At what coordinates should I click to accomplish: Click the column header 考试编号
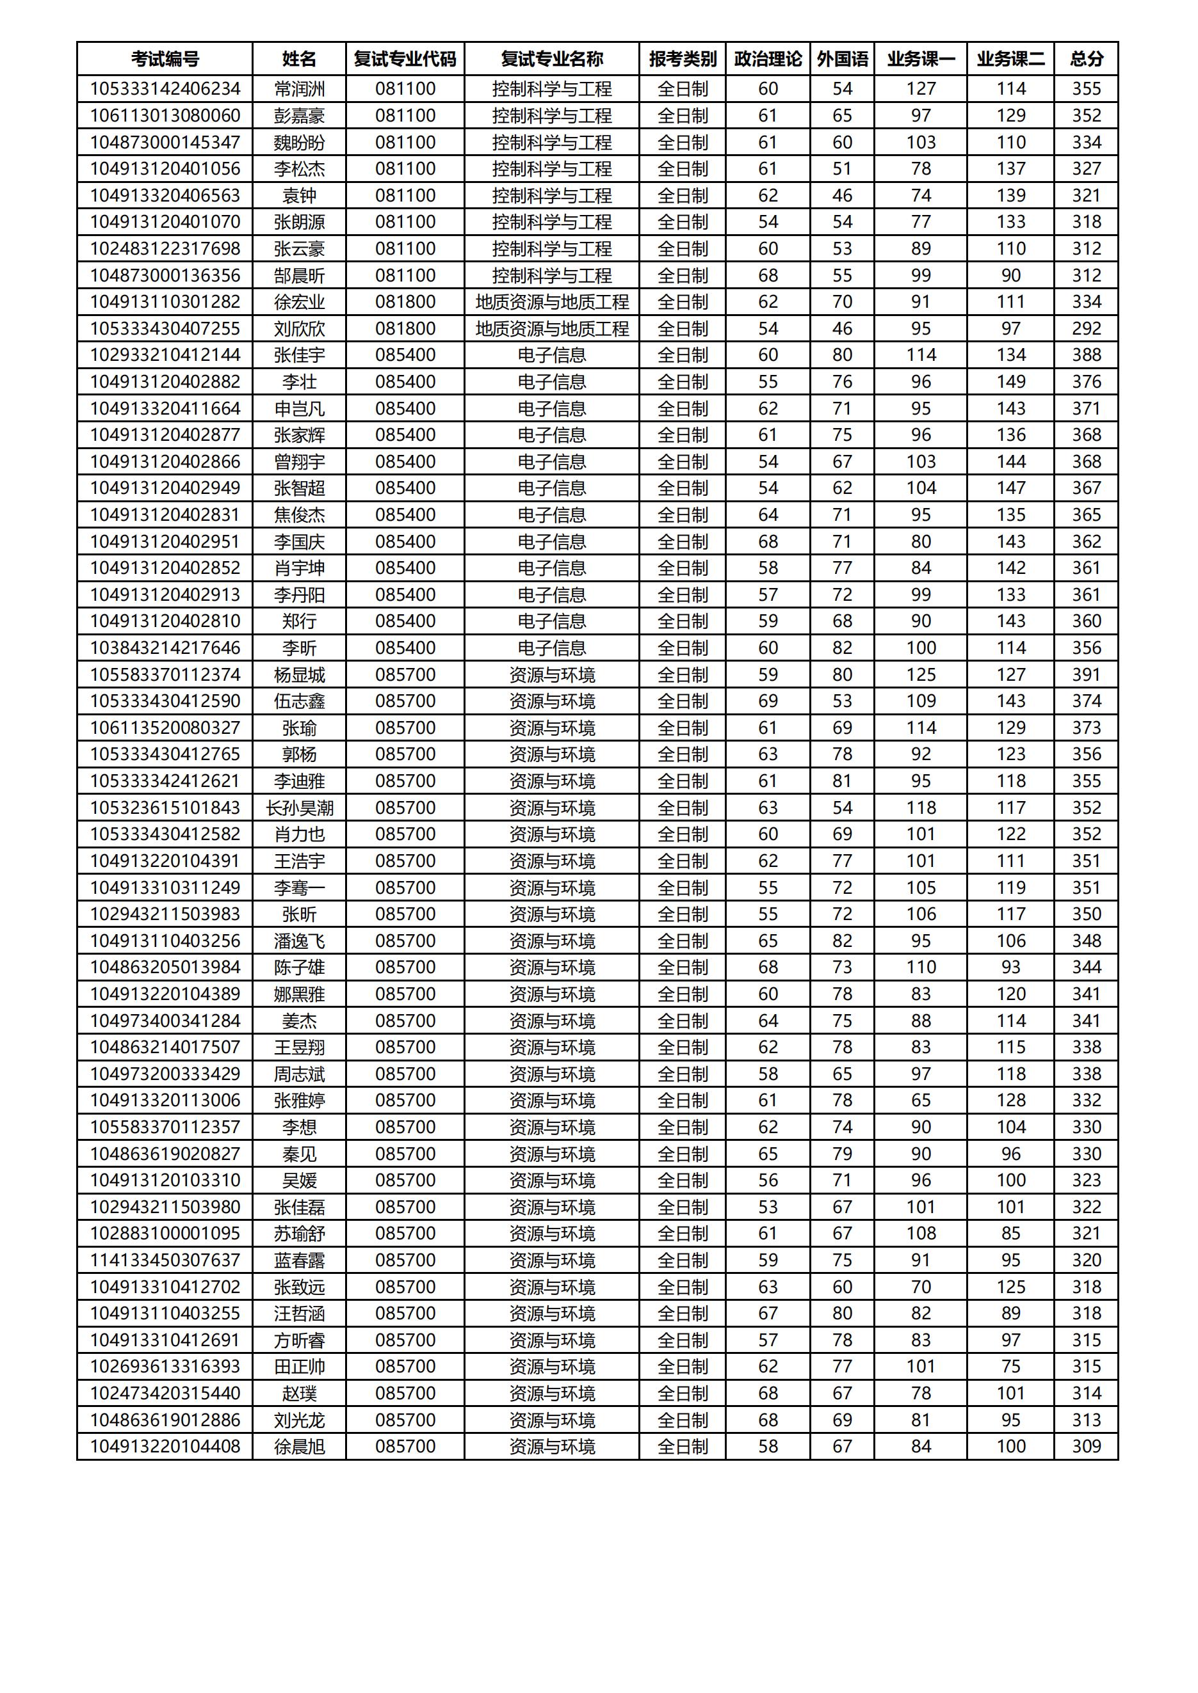[165, 59]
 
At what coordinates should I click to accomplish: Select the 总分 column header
[1086, 59]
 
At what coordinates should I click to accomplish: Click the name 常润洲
[299, 89]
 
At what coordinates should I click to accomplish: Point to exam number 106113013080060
[165, 116]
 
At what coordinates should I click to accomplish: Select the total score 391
[1086, 674]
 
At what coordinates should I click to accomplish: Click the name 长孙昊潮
[299, 808]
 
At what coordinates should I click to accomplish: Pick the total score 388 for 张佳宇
[1086, 355]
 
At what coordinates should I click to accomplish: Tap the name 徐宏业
[299, 302]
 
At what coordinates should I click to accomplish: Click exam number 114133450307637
[165, 1260]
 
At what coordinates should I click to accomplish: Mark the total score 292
[1086, 329]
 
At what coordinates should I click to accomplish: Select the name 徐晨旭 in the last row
[299, 1447]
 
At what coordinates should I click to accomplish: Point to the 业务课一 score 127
[921, 89]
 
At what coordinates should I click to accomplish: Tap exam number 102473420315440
[165, 1394]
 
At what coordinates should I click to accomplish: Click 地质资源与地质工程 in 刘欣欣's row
[552, 329]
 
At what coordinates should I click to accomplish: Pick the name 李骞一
[299, 888]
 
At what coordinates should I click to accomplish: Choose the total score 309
[1086, 1447]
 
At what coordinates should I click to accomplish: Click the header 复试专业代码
[405, 59]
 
